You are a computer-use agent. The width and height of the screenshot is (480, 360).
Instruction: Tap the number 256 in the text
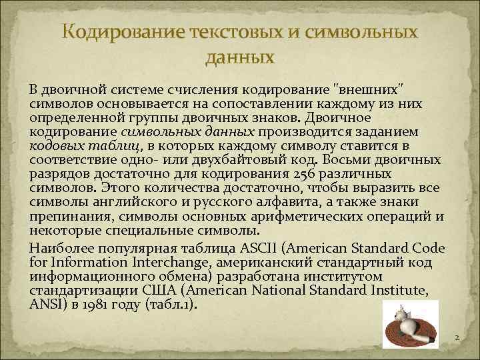point(303,173)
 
